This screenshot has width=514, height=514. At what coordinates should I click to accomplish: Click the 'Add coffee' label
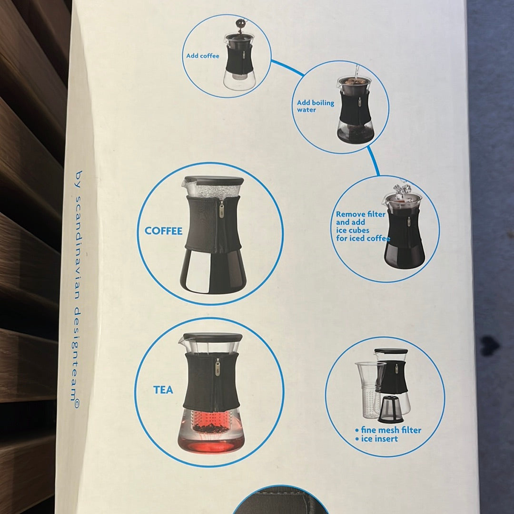(202, 56)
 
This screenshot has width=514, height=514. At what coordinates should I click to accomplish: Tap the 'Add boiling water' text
(315, 106)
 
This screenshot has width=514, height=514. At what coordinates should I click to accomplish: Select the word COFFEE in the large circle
(163, 231)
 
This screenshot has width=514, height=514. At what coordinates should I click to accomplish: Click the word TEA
(163, 390)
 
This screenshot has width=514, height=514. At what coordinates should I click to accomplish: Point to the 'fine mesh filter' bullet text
(388, 430)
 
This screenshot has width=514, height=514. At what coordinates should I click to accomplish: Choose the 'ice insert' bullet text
(376, 439)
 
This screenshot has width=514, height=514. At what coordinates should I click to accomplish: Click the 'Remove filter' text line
(360, 214)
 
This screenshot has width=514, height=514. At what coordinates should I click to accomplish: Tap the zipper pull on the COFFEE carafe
(222, 210)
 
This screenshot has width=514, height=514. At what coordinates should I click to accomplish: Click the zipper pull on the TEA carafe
(217, 366)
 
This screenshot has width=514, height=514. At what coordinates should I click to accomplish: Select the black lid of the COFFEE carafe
(214, 180)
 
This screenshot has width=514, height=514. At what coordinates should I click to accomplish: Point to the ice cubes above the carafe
(402, 189)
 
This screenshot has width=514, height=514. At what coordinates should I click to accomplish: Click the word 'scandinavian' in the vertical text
(78, 248)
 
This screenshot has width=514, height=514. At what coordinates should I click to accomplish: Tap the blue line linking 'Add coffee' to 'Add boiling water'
(287, 68)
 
